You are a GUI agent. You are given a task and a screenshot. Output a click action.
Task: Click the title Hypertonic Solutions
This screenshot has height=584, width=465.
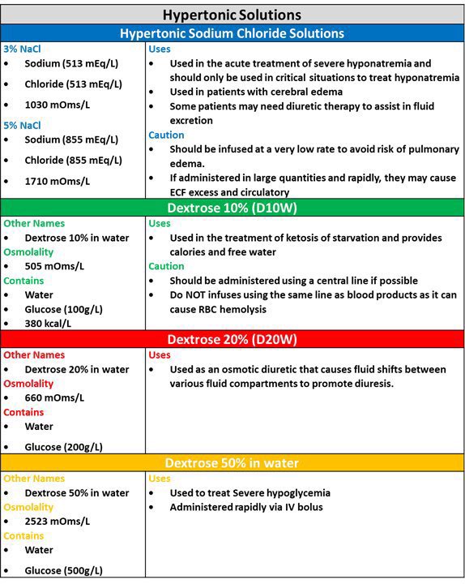tap(232, 15)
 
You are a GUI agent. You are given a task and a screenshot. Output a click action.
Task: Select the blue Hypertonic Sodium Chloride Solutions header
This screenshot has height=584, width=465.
tap(232, 33)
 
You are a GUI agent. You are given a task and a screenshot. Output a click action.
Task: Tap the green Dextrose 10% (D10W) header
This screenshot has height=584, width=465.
tap(232, 207)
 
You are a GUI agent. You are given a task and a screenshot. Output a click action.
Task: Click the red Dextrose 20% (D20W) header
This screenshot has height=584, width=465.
tap(232, 338)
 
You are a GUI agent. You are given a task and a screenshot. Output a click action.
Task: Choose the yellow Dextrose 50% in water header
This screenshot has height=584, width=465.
tap(232, 463)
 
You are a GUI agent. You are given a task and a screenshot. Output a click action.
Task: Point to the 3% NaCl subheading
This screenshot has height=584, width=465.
tap(22, 49)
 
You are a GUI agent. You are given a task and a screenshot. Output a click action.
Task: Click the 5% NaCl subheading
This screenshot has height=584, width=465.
tap(22, 125)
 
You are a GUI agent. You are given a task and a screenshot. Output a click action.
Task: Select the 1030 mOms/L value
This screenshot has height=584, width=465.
tap(57, 105)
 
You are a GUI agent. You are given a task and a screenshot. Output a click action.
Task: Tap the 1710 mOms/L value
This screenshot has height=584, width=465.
tap(57, 181)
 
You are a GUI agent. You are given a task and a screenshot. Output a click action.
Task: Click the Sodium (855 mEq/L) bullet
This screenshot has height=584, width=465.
tap(73, 140)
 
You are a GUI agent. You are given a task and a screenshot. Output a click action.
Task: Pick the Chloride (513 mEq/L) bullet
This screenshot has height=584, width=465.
tap(73, 84)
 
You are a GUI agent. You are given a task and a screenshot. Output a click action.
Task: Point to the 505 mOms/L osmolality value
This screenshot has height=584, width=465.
tap(54, 266)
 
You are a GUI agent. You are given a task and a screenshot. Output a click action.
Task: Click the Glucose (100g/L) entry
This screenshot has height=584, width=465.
tap(63, 310)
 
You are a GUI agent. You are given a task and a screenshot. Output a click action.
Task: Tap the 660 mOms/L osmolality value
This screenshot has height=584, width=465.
tap(54, 397)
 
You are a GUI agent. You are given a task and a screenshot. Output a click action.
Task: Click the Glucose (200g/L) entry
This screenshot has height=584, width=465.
tap(63, 447)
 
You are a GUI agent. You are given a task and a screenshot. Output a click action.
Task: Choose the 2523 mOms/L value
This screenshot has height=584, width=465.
tap(57, 521)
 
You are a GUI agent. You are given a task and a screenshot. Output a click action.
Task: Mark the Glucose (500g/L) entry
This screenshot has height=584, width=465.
tap(63, 570)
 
